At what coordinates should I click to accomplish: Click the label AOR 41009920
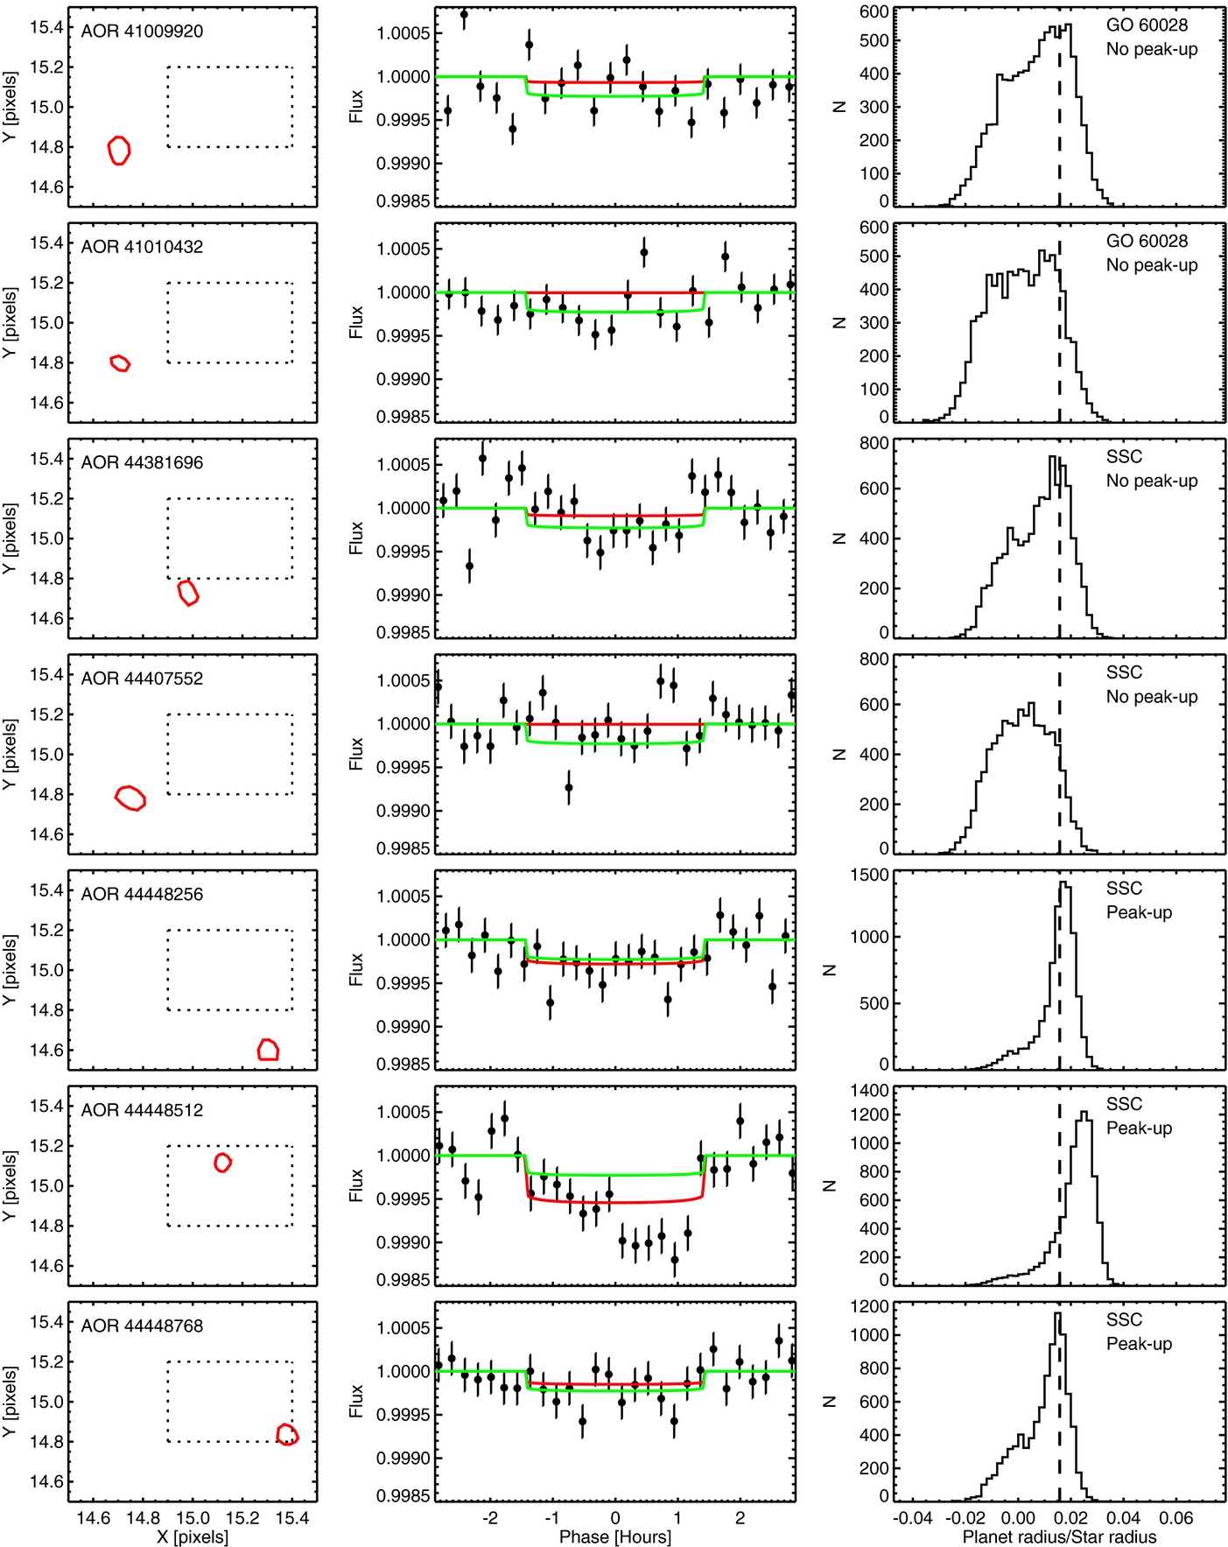click(x=142, y=32)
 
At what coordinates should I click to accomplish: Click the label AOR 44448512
click(x=142, y=1110)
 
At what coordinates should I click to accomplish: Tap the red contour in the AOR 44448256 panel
click(x=268, y=1049)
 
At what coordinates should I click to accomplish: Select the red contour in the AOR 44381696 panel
click(x=188, y=593)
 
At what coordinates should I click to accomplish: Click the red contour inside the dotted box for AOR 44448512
click(x=223, y=1162)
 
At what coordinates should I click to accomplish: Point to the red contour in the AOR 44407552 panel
click(x=130, y=798)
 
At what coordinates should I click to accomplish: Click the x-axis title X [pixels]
click(x=193, y=1536)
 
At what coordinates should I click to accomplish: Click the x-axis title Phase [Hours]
click(x=615, y=1536)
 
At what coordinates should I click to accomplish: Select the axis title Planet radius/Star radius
click(x=1059, y=1536)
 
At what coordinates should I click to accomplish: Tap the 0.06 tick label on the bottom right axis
click(x=1176, y=1518)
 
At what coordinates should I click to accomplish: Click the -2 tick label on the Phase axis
click(x=490, y=1518)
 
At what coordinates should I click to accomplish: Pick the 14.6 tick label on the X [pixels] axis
click(x=94, y=1518)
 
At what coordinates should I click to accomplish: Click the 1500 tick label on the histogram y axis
click(x=869, y=875)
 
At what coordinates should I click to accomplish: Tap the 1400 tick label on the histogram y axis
click(x=869, y=1091)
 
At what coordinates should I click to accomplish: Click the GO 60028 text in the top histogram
click(x=1147, y=25)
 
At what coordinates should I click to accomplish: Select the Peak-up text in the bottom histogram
click(x=1139, y=1344)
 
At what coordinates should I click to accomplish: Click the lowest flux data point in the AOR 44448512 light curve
click(x=675, y=1261)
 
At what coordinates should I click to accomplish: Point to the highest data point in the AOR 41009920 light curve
click(x=464, y=15)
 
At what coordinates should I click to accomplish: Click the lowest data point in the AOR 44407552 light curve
click(x=569, y=788)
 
